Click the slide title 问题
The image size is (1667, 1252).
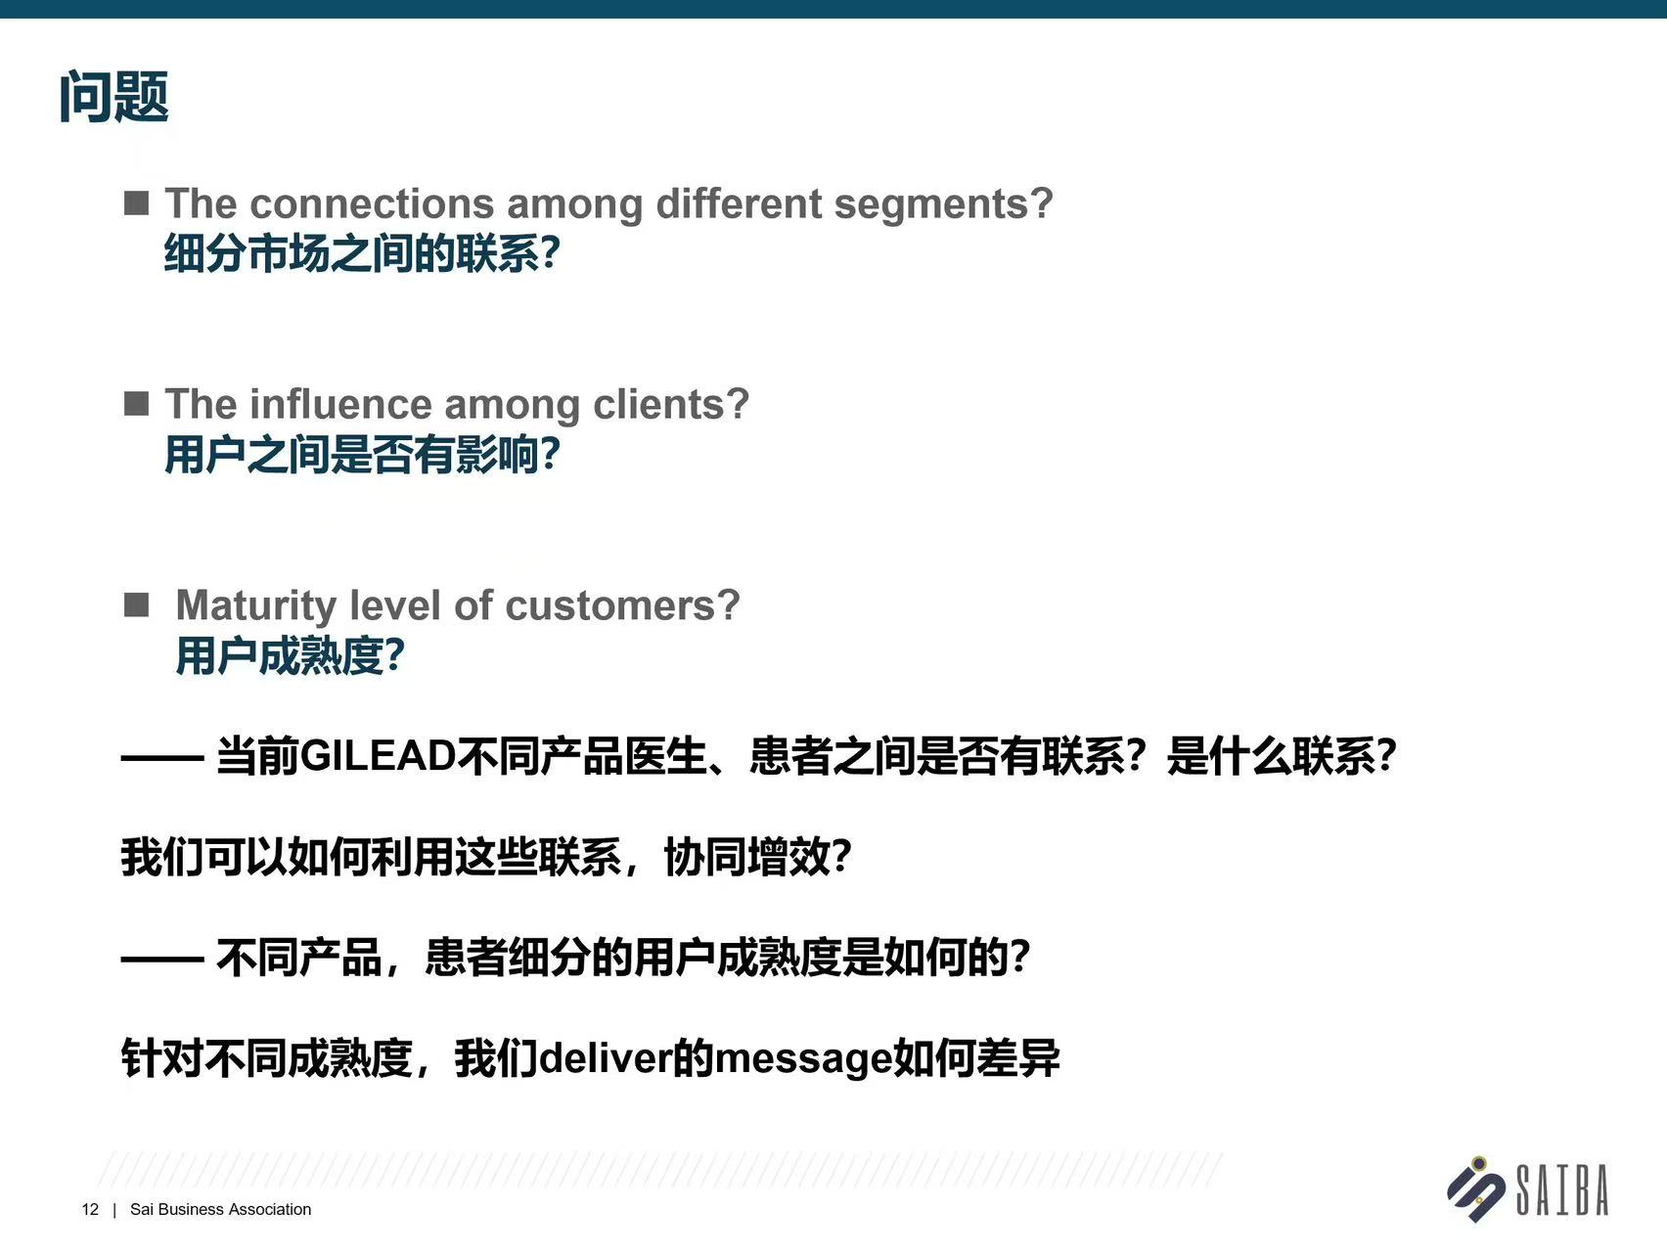click(x=114, y=97)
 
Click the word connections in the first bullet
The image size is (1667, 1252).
click(x=372, y=203)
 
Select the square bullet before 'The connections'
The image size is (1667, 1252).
click(x=137, y=202)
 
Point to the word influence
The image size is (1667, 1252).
click(x=340, y=404)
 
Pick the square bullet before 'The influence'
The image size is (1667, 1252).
click(x=137, y=403)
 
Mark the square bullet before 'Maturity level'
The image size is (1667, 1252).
click(x=137, y=604)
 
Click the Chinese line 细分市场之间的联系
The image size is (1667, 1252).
click(x=351, y=253)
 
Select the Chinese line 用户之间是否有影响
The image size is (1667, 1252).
click(x=351, y=455)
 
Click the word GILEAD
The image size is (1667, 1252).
click(x=379, y=756)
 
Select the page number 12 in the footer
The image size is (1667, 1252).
click(x=90, y=1210)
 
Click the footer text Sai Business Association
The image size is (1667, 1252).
click(x=220, y=1210)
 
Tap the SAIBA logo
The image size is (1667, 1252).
click(x=1528, y=1189)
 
